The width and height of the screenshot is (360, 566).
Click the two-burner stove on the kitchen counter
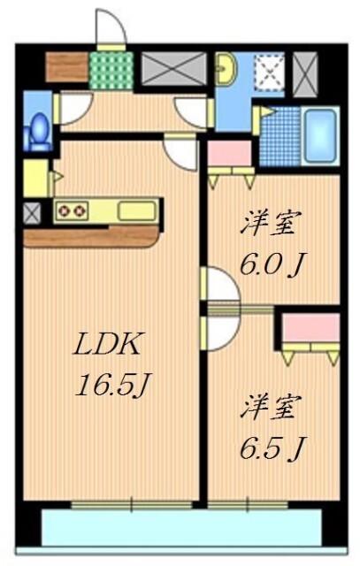point(72,211)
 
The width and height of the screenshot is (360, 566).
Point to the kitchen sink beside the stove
point(135,211)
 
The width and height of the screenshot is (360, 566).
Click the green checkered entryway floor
point(109,68)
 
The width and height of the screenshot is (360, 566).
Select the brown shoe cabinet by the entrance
point(65,67)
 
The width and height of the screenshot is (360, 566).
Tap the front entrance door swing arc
point(110,28)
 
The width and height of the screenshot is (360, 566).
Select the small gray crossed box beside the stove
point(32,212)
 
